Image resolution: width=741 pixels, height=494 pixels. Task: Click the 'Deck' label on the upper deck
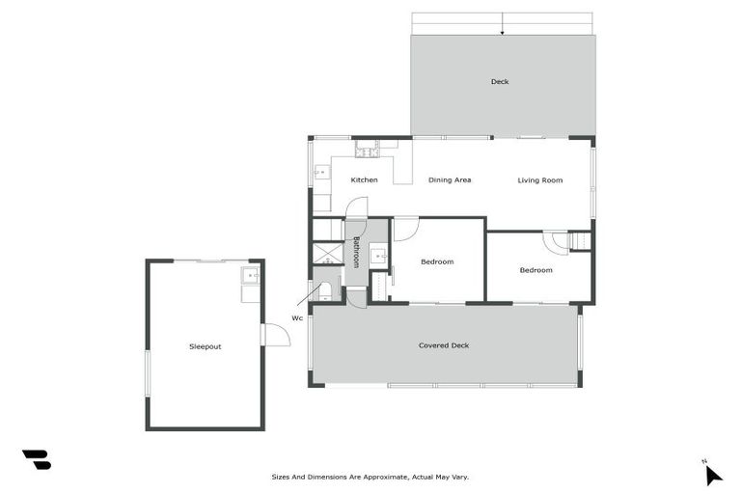coord(499,82)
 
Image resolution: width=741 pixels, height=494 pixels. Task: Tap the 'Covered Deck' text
coord(444,345)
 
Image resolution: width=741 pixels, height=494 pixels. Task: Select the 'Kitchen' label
coord(364,180)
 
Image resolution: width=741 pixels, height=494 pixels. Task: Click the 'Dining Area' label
coord(450,180)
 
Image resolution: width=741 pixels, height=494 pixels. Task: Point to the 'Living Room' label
coord(539,180)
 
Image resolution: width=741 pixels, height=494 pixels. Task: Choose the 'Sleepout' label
coord(205,346)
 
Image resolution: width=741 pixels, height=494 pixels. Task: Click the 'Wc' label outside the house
coord(297,317)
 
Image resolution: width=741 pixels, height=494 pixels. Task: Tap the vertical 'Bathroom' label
coord(356,252)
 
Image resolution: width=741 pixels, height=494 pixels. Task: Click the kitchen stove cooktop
coord(366,151)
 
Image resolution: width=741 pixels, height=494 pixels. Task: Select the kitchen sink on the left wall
coord(320,175)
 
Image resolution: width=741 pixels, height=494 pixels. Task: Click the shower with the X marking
coord(328,253)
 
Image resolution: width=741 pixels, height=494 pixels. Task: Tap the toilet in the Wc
coord(325,289)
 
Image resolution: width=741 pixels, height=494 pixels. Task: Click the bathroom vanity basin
coord(379,257)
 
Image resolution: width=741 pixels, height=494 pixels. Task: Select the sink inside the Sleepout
coord(251,276)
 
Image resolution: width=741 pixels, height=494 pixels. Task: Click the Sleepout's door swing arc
coord(278,335)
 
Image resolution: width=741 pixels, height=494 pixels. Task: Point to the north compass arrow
coord(712,474)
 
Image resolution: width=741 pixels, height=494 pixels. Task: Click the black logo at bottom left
coord(37,459)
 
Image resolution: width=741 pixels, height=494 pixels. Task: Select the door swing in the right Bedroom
coord(555,242)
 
